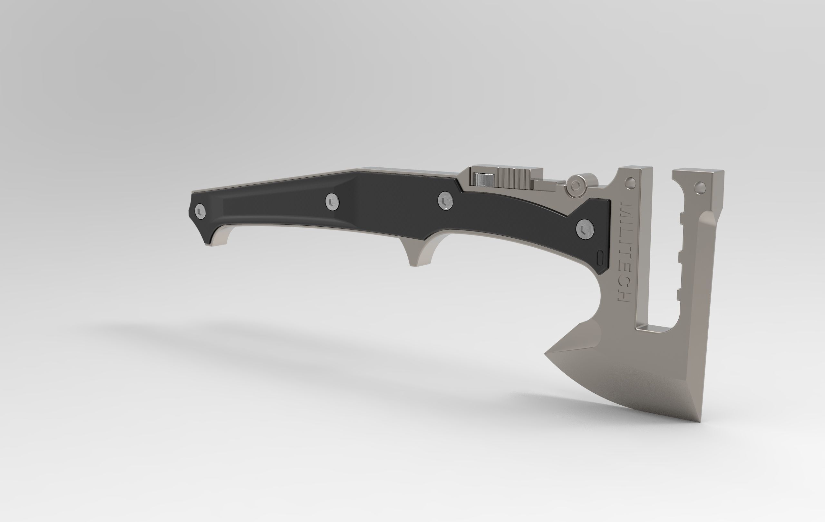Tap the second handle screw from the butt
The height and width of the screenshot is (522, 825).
pos(332,201)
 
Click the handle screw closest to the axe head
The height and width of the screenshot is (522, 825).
pos(585,229)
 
